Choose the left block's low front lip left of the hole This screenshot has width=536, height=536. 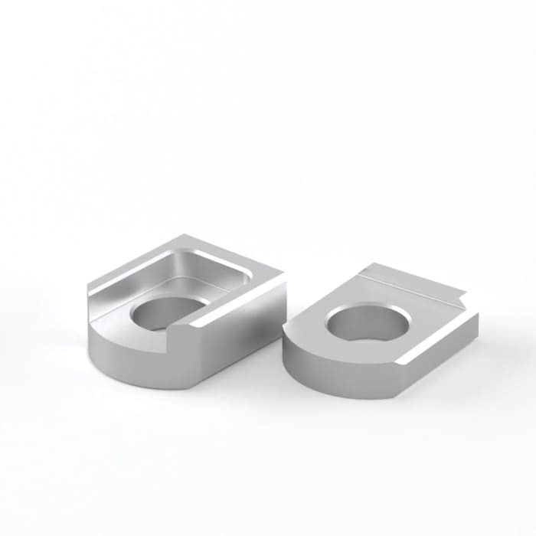click(115, 322)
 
